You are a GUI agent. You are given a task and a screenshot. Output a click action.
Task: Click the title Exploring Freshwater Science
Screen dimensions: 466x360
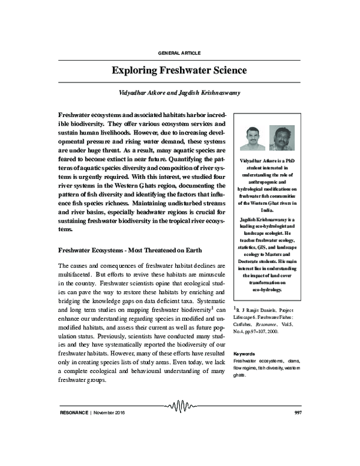(x=179, y=70)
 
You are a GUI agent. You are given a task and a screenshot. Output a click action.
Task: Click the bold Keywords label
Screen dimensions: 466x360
(x=244, y=354)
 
